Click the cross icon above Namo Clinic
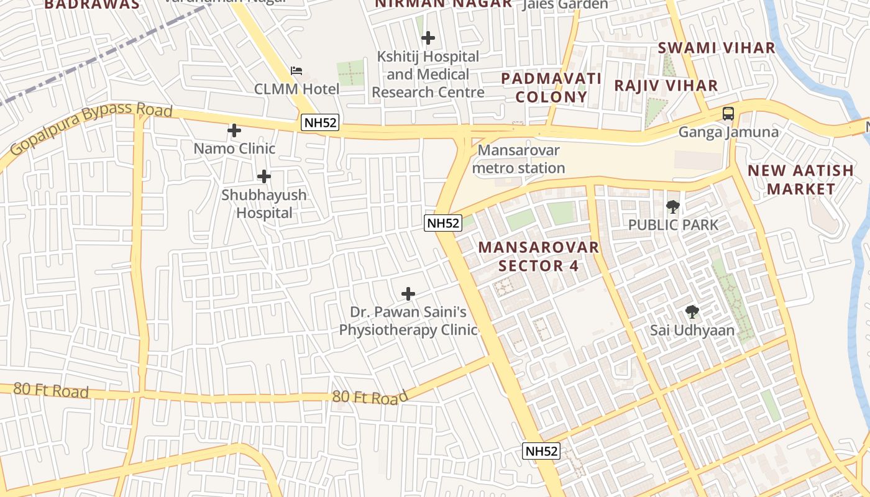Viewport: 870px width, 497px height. click(234, 130)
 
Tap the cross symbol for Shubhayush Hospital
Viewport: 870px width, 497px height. click(264, 176)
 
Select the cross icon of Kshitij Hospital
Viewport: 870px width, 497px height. click(428, 39)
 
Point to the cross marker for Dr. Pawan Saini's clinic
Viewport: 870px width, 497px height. click(408, 293)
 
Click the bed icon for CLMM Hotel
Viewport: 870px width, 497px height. click(297, 71)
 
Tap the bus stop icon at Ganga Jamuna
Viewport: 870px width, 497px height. click(728, 114)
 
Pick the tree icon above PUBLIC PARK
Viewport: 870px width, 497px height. click(673, 206)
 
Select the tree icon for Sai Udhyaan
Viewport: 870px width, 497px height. click(692, 312)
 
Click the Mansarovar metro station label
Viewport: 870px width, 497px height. click(518, 159)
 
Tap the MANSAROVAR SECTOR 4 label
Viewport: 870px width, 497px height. click(539, 257)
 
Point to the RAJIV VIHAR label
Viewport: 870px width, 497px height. click(666, 85)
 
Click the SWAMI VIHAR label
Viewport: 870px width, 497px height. click(717, 48)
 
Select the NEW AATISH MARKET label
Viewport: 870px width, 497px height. click(800, 180)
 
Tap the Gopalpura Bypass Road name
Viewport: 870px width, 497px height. click(91, 129)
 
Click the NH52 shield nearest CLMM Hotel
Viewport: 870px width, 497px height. click(319, 123)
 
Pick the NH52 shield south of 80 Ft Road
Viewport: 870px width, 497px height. click(541, 451)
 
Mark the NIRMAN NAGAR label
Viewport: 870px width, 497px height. click(443, 4)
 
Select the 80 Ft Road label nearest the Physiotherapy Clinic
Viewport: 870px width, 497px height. click(370, 396)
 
